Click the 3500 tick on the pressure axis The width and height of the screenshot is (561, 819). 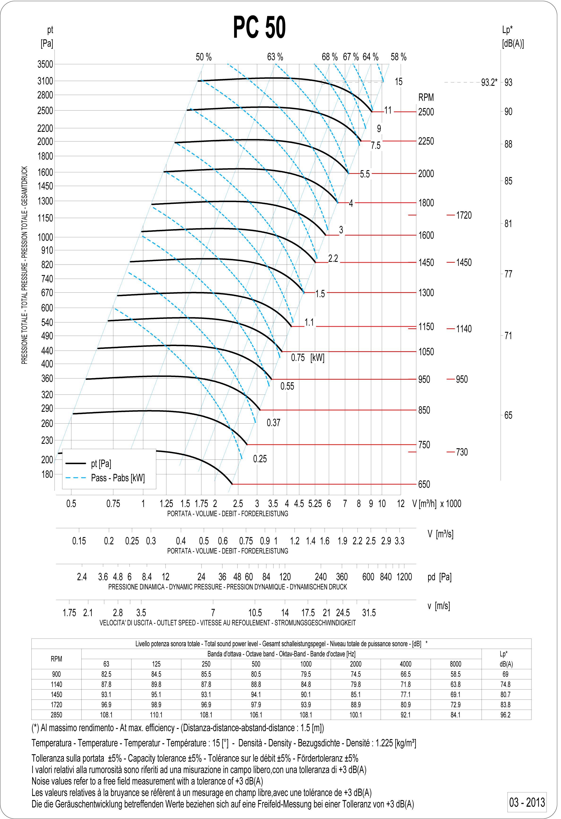pyautogui.click(x=45, y=64)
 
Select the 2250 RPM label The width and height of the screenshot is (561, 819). pyautogui.click(x=426, y=141)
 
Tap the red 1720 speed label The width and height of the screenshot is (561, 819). pyautogui.click(x=464, y=215)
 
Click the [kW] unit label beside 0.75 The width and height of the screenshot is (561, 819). pyautogui.click(x=317, y=358)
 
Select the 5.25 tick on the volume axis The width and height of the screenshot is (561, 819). pyautogui.click(x=315, y=504)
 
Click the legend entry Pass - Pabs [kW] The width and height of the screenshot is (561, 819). pyautogui.click(x=118, y=478)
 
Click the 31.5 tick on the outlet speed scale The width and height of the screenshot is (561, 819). pyautogui.click(x=369, y=613)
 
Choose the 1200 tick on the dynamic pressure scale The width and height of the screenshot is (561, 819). pyautogui.click(x=404, y=577)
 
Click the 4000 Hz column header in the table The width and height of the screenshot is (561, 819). pyautogui.click(x=405, y=664)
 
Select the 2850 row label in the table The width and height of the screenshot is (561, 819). pyautogui.click(x=57, y=715)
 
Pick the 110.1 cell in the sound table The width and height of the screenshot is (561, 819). pyautogui.click(x=156, y=715)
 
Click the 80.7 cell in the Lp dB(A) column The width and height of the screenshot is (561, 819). pyautogui.click(x=505, y=694)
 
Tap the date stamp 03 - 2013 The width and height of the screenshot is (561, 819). pyautogui.click(x=527, y=802)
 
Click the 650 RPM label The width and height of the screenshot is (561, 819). pyautogui.click(x=424, y=485)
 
